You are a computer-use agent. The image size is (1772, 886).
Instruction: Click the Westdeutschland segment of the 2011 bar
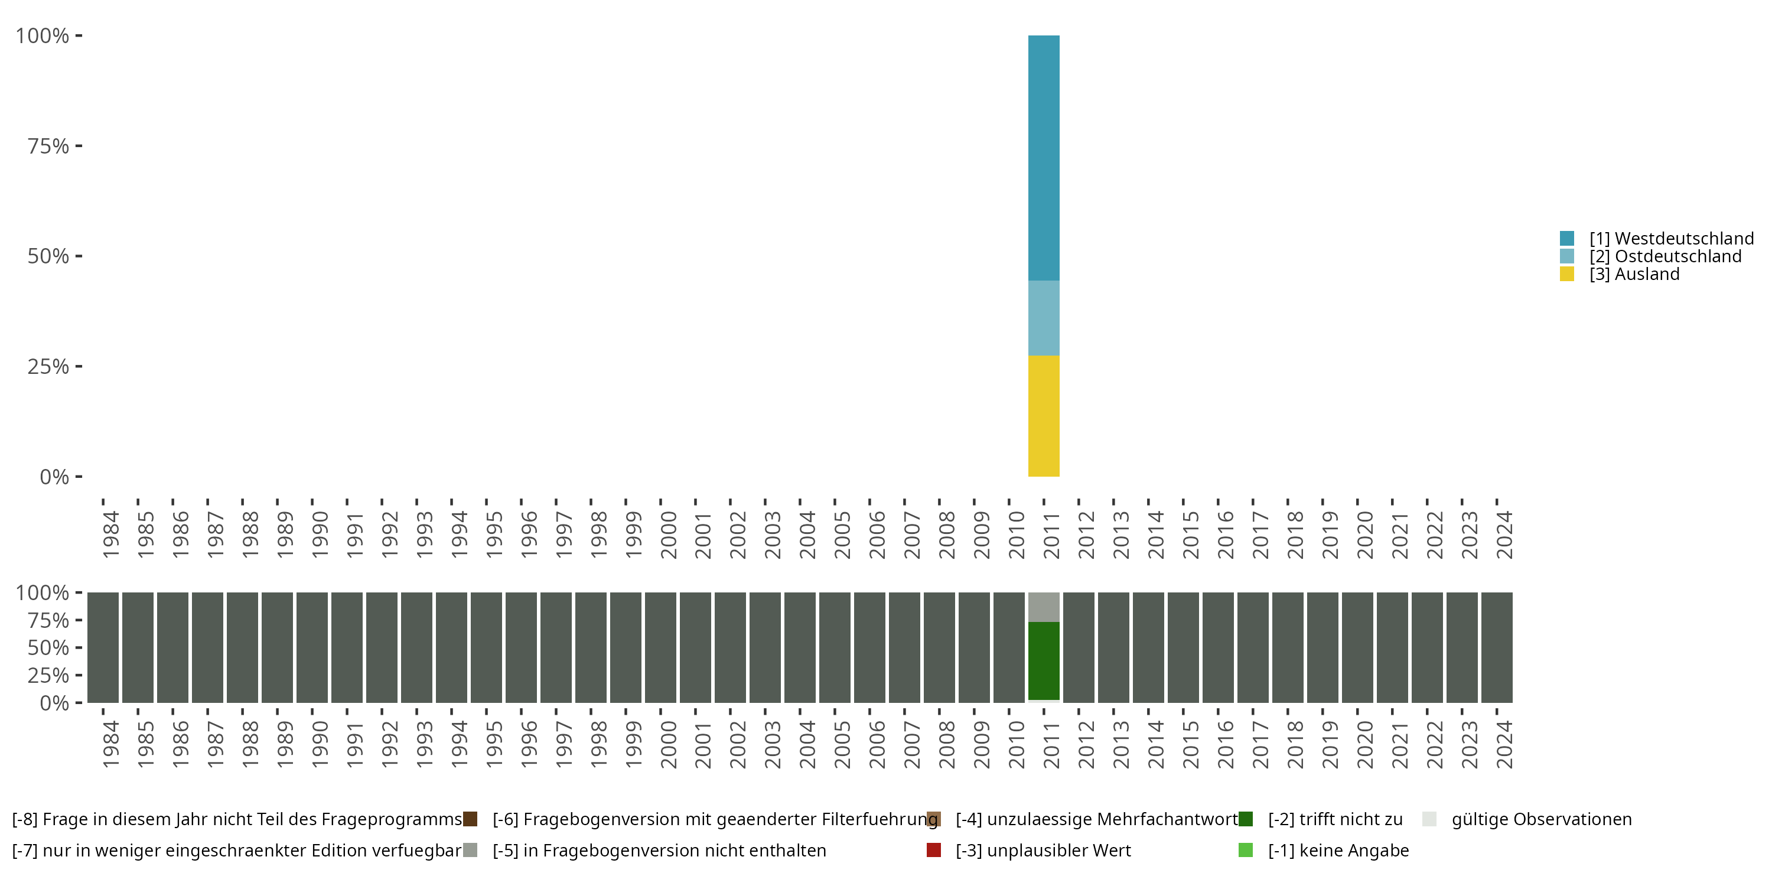pos(1044,158)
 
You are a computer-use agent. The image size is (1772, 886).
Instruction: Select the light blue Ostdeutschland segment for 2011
pos(1044,318)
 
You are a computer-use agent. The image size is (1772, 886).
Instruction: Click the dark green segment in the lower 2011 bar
pos(1044,660)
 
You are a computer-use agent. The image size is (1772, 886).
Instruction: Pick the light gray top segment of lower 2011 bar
pos(1044,607)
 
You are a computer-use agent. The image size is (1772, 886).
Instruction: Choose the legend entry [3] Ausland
pos(1634,275)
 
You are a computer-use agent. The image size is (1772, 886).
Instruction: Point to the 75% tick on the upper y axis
pos(48,146)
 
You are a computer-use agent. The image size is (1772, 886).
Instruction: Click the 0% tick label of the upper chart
pos(54,477)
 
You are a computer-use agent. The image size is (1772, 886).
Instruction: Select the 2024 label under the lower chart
pos(1504,744)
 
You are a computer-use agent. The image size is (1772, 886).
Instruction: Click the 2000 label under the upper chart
pos(669,535)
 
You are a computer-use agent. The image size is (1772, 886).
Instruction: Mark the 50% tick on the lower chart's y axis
pos(48,648)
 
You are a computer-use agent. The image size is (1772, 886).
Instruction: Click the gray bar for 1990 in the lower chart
pos(312,647)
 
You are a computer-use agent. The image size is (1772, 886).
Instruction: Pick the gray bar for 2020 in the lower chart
pos(1357,647)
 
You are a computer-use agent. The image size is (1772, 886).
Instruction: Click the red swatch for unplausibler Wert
pos(933,850)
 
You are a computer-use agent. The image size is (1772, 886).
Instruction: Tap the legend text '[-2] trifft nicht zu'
pos(1334,819)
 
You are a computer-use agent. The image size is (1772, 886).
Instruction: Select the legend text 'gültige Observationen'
pos(1541,819)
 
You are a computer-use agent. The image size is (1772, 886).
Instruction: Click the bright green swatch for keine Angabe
pos(1245,850)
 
